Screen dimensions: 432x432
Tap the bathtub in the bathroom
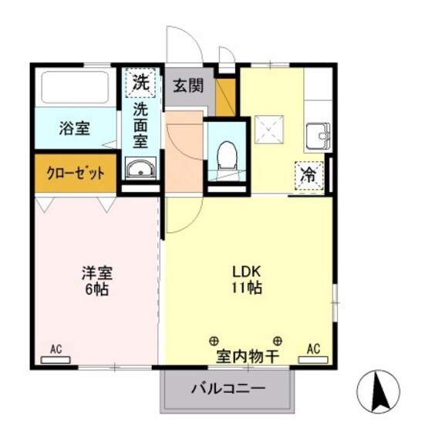(74, 89)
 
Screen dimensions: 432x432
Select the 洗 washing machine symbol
(140, 80)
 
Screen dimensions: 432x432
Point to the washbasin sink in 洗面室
(140, 169)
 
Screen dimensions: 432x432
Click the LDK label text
(248, 272)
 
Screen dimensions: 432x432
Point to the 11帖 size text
(248, 289)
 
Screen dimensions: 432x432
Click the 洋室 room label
(97, 272)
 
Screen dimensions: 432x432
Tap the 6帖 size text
(97, 290)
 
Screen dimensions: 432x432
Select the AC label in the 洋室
(56, 349)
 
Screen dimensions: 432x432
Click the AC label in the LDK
(313, 349)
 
